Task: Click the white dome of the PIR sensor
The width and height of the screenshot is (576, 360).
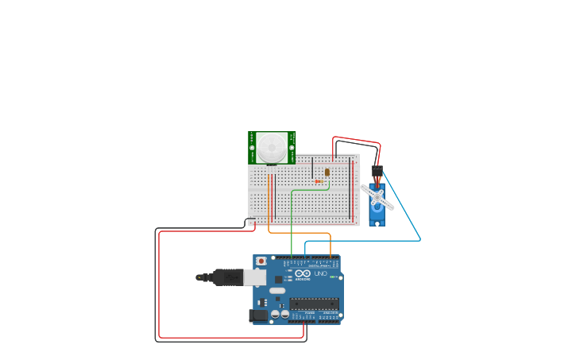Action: [272, 147]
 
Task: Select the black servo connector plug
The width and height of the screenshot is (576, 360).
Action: [377, 171]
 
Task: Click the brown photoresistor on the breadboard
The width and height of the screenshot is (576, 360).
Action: [327, 172]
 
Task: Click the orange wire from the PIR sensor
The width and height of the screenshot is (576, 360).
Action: [302, 233]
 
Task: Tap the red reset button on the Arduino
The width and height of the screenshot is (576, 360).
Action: [261, 261]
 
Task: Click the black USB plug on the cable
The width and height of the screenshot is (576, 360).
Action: [227, 277]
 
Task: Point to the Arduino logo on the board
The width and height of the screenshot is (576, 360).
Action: [302, 274]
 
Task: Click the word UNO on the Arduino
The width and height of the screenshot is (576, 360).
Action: [321, 274]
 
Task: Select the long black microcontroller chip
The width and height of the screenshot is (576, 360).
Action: [314, 303]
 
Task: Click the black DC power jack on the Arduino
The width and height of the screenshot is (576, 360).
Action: [258, 315]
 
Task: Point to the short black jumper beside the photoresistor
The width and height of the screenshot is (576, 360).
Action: [312, 169]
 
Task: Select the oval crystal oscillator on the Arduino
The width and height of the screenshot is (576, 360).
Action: [276, 291]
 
